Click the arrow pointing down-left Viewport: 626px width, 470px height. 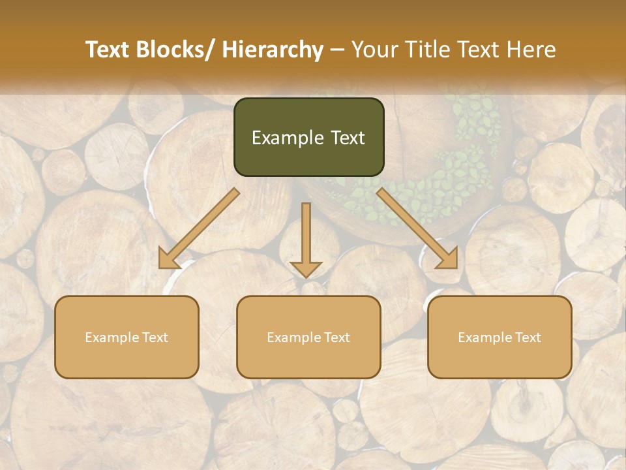[x=199, y=228]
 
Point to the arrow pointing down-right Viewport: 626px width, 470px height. [x=417, y=228]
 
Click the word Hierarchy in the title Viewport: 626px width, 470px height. [x=273, y=50]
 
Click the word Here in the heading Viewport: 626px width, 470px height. [x=533, y=50]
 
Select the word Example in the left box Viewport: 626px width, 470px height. [x=112, y=337]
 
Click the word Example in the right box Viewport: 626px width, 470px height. [x=484, y=337]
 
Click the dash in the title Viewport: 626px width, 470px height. [x=337, y=50]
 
